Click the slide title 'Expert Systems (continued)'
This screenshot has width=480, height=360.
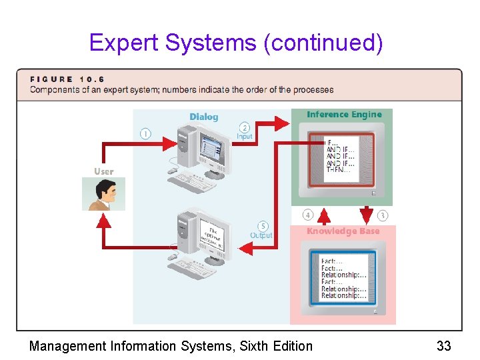click(236, 43)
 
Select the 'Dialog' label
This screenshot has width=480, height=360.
click(203, 117)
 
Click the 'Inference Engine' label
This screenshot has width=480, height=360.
click(344, 115)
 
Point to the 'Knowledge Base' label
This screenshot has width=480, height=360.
click(343, 231)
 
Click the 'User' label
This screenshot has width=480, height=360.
click(103, 171)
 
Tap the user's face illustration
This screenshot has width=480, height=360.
click(103, 193)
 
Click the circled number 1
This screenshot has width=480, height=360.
click(145, 133)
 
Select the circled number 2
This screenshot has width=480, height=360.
click(245, 127)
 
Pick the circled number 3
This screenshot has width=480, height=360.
click(383, 215)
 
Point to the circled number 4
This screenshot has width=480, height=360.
click(307, 215)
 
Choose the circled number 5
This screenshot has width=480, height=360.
click(263, 226)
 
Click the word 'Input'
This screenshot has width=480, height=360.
click(245, 137)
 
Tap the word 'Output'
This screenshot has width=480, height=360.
click(261, 235)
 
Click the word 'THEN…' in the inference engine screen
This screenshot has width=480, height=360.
click(336, 170)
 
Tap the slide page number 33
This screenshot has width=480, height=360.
click(443, 346)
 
